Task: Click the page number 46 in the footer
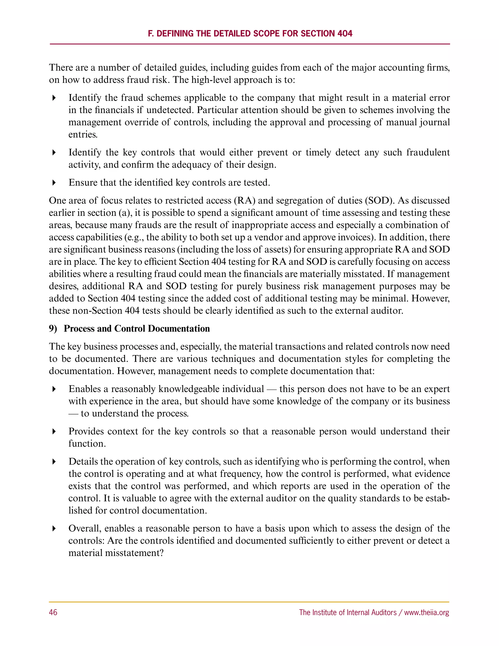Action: pyautogui.click(x=53, y=612)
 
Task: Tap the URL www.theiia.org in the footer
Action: pyautogui.click(x=427, y=612)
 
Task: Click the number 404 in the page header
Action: pyautogui.click(x=345, y=33)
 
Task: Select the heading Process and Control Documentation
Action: pyautogui.click(x=137, y=329)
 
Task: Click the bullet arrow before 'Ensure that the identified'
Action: pyautogui.click(x=54, y=183)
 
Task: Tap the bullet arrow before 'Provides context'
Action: pyautogui.click(x=54, y=431)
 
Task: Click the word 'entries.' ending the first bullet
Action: pyautogui.click(x=83, y=135)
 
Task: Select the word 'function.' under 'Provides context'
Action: pyautogui.click(x=87, y=444)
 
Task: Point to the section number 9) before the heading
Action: pyautogui.click(x=53, y=329)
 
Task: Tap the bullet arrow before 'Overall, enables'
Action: pyautogui.click(x=54, y=529)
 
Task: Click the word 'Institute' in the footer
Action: pyautogui.click(x=325, y=612)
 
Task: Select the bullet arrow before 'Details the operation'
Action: pyautogui.click(x=54, y=462)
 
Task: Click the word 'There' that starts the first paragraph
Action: pyautogui.click(x=59, y=68)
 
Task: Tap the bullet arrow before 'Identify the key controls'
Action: pyautogui.click(x=54, y=153)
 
